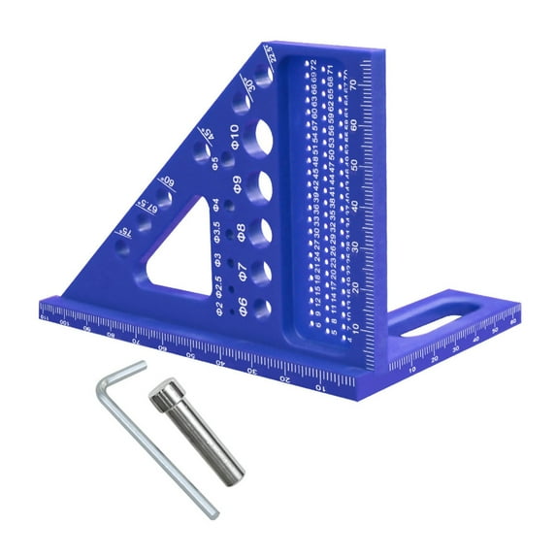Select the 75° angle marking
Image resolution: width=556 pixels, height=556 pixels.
pos(121,233)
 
